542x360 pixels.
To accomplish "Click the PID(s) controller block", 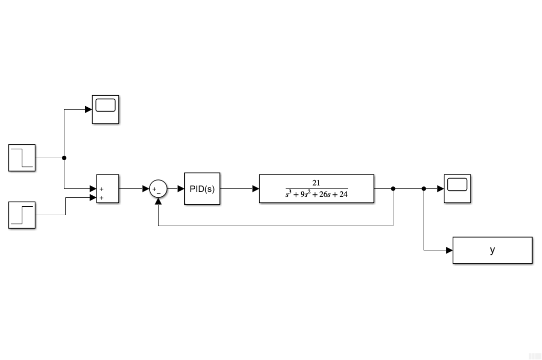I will pos(202,188).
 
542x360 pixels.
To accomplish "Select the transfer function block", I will pos(316,188).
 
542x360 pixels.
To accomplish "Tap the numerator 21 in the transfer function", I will pos(316,183).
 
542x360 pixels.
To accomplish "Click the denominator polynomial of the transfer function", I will pos(316,194).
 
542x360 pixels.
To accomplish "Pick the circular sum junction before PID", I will pos(158,188).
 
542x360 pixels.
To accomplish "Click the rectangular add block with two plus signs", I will pos(108,188).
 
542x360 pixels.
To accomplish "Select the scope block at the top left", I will pos(105,109).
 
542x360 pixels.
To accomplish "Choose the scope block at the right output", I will pos(457,188).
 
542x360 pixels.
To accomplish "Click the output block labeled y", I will pos(492,250).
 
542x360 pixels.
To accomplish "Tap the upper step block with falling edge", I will pos(22,158).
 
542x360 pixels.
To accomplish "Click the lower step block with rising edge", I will pos(22,215).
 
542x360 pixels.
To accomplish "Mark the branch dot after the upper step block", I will pos(64,158).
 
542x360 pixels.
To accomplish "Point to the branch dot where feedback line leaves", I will pos(393,188).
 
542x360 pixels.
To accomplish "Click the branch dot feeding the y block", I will pos(424,188).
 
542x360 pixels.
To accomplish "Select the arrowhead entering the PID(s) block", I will pos(181,188).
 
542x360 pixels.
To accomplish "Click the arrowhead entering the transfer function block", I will pos(256,188).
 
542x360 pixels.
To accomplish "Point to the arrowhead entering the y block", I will pos(449,250).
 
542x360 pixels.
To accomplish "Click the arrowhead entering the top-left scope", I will pos(89,109).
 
